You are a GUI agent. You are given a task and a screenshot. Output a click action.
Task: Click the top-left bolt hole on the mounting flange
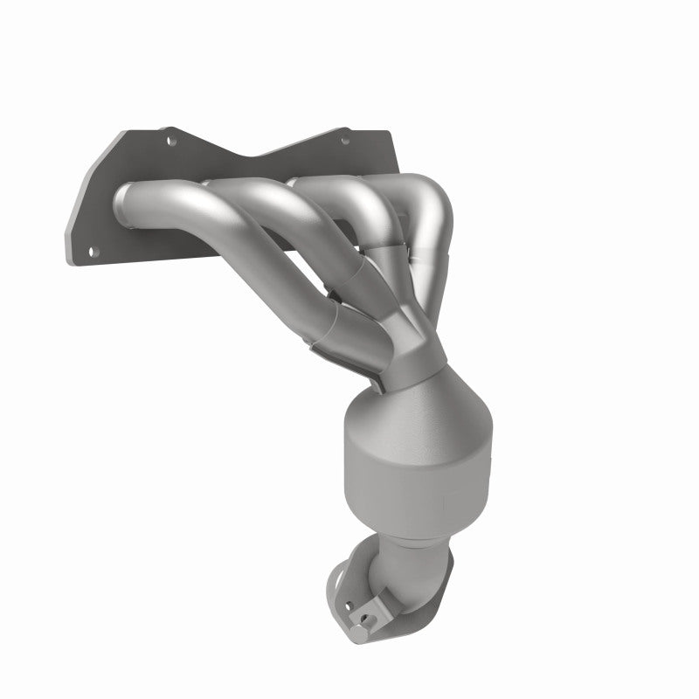point(170,138)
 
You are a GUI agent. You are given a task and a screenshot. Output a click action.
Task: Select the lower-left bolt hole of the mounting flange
point(93,252)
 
